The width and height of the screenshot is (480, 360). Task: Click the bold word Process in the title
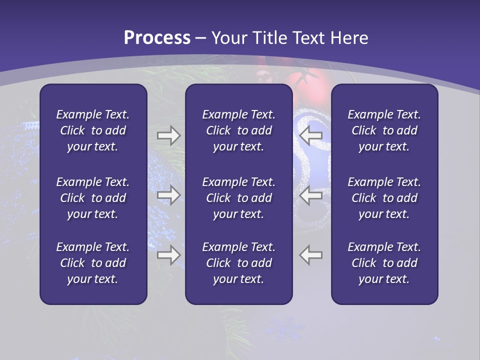157,38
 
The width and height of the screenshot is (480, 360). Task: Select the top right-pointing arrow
168,135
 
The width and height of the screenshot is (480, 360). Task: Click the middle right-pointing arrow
168,195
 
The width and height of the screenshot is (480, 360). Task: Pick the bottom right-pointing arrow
168,254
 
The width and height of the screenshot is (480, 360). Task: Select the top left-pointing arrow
311,135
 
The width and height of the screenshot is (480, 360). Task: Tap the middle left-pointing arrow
311,195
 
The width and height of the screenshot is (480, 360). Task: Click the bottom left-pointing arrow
311,254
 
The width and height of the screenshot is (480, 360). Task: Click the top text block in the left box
93,130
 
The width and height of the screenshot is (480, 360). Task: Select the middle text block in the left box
93,198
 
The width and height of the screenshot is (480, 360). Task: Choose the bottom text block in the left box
93,263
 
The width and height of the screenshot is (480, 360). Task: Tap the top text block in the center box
238,130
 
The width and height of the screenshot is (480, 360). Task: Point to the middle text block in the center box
238,198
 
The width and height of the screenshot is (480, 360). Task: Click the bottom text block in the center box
238,263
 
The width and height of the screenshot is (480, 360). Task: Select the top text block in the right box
384,130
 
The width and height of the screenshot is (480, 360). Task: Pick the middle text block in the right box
384,198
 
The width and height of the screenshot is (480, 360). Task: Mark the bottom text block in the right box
384,263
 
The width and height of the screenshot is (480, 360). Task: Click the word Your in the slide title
228,38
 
